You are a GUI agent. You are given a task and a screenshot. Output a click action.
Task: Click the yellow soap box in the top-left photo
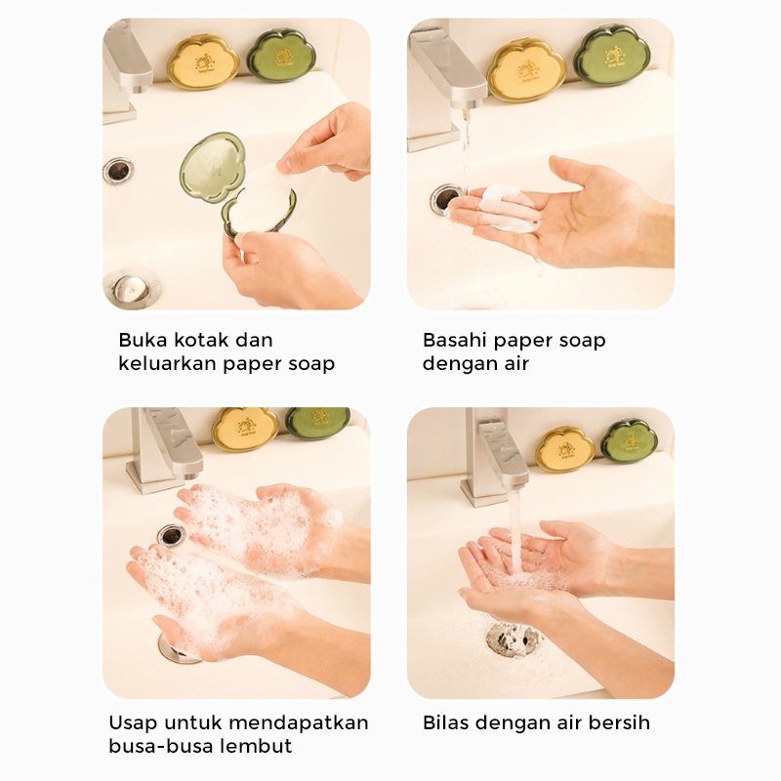tap(203, 62)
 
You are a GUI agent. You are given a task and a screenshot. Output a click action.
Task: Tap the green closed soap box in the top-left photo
tap(281, 56)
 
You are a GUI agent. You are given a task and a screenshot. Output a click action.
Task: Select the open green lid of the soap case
tap(212, 167)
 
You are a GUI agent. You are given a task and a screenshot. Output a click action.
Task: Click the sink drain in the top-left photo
tap(118, 170)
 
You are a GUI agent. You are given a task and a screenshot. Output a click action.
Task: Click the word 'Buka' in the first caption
tap(139, 340)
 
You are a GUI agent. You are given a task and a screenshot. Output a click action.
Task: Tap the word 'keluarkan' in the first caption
tap(167, 363)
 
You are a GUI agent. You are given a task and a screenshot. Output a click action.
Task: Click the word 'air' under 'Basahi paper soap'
tap(516, 363)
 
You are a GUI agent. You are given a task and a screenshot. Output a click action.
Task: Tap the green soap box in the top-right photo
tap(612, 55)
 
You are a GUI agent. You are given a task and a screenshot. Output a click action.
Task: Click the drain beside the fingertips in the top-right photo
tap(446, 199)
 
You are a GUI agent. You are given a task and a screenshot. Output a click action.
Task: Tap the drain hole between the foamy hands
tap(172, 535)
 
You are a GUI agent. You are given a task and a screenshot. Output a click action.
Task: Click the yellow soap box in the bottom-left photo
tap(245, 429)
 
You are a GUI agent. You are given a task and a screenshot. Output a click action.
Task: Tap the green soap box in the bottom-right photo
tap(629, 441)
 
